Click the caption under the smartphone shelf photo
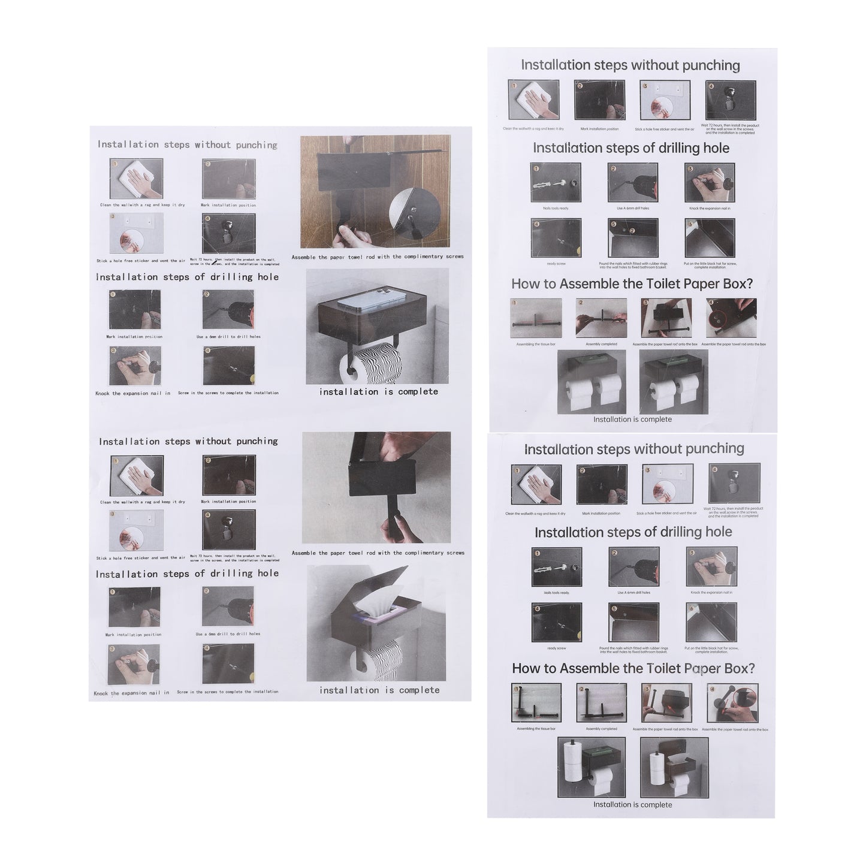378,392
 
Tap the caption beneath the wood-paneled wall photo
378,257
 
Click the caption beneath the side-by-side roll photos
632,420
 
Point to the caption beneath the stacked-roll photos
632,805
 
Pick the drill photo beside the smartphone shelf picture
228,310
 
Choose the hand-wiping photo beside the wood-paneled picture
137,179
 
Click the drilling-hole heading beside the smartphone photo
187,277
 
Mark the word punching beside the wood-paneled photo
257,145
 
